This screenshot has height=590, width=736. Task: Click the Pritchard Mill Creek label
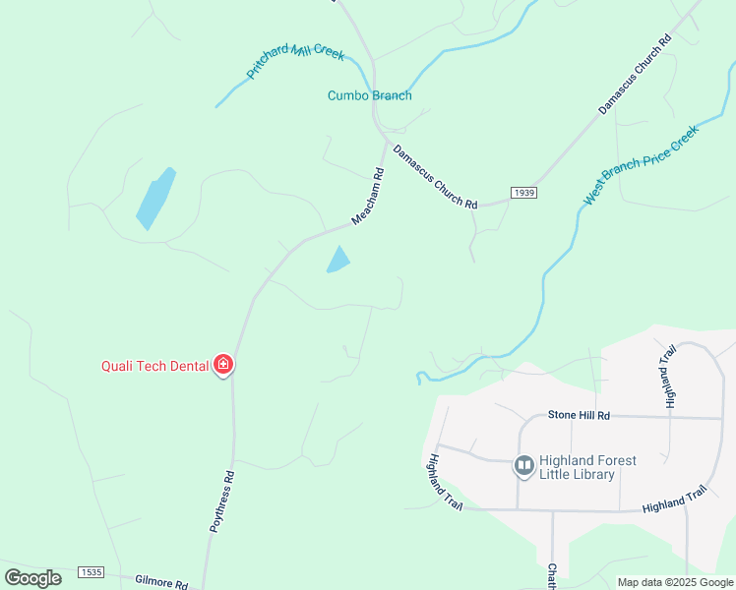click(x=295, y=61)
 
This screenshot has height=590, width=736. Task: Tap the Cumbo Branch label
click(x=369, y=95)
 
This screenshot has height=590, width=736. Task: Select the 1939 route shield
click(x=523, y=193)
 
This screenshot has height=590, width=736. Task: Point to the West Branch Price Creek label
click(x=640, y=164)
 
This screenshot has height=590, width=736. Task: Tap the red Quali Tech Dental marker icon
click(x=223, y=366)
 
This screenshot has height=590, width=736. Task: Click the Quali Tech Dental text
click(x=154, y=366)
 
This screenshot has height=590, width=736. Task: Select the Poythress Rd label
click(x=222, y=501)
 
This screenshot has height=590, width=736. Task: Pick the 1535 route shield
click(x=92, y=571)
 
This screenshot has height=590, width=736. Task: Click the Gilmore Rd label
click(x=161, y=583)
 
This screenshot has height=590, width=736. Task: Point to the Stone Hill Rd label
click(x=579, y=416)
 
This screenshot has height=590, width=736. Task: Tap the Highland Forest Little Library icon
click(x=523, y=465)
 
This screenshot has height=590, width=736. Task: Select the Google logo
click(x=32, y=578)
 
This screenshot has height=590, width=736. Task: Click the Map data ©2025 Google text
click(x=675, y=582)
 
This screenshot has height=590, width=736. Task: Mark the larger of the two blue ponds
click(x=155, y=199)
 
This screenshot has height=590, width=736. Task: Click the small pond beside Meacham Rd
click(x=338, y=260)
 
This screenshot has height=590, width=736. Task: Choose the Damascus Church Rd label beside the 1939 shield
click(x=435, y=177)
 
